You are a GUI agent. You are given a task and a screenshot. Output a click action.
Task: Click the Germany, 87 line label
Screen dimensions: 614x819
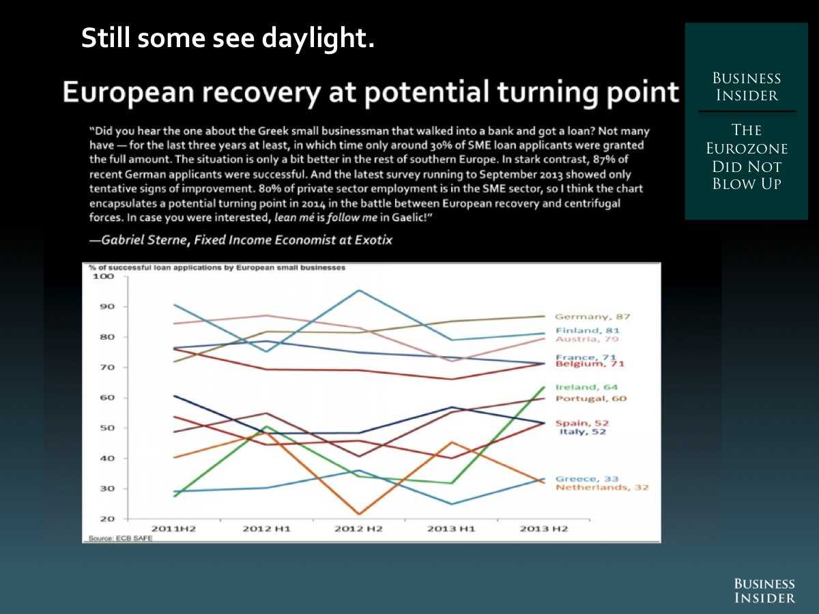point(592,317)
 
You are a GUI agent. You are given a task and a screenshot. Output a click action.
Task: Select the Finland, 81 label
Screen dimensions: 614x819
point(588,330)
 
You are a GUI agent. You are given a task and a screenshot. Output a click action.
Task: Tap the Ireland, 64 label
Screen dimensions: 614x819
point(586,388)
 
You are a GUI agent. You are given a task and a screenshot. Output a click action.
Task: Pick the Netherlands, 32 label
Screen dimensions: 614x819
point(601,488)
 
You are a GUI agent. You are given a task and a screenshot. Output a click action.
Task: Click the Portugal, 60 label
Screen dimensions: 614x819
point(590,398)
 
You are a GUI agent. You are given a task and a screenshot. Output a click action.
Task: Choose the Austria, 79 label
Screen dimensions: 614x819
point(586,339)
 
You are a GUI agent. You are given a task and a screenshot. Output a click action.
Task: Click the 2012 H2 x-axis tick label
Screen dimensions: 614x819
point(358,529)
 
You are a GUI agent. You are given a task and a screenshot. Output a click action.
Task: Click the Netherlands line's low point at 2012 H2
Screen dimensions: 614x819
point(358,514)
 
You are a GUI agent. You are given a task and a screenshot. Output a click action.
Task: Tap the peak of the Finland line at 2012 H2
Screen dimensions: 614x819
point(358,291)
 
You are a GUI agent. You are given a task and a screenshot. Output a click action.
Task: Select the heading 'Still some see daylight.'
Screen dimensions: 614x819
point(228,38)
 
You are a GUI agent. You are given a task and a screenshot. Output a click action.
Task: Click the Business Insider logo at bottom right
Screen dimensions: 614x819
point(764,591)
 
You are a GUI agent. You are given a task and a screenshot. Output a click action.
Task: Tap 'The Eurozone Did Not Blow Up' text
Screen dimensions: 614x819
point(746,157)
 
